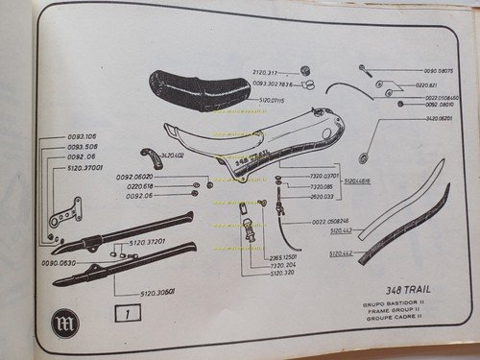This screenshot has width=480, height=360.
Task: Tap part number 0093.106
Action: (x=59, y=136)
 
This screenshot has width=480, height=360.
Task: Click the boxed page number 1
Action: (x=126, y=313)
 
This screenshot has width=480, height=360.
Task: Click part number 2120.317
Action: (x=267, y=72)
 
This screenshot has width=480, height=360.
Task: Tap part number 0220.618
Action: (x=140, y=186)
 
